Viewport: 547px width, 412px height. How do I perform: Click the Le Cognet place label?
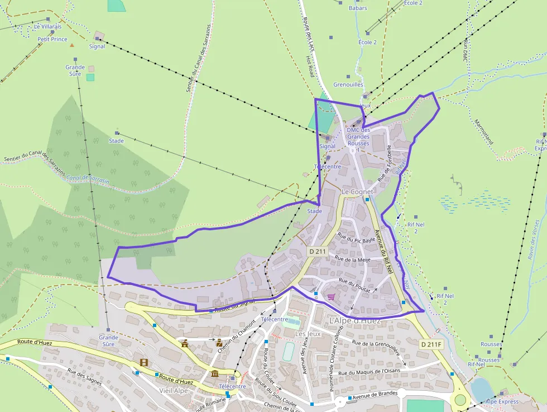point(357,192)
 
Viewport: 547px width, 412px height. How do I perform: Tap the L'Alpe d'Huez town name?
point(355,321)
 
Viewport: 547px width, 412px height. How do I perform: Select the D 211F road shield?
point(431,344)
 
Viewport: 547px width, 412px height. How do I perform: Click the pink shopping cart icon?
point(331,296)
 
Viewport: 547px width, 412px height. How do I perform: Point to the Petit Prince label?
point(52,40)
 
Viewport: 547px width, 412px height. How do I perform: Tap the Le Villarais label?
point(47,26)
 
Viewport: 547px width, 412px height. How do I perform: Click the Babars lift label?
point(358,8)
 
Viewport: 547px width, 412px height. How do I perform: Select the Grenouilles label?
point(348,85)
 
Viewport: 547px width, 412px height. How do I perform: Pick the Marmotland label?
point(484,131)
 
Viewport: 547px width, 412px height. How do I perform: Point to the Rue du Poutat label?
point(354,281)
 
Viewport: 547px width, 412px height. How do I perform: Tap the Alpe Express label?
point(502,401)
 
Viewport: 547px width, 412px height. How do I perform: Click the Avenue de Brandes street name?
point(375,395)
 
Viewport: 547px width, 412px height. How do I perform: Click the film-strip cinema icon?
point(145,363)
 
